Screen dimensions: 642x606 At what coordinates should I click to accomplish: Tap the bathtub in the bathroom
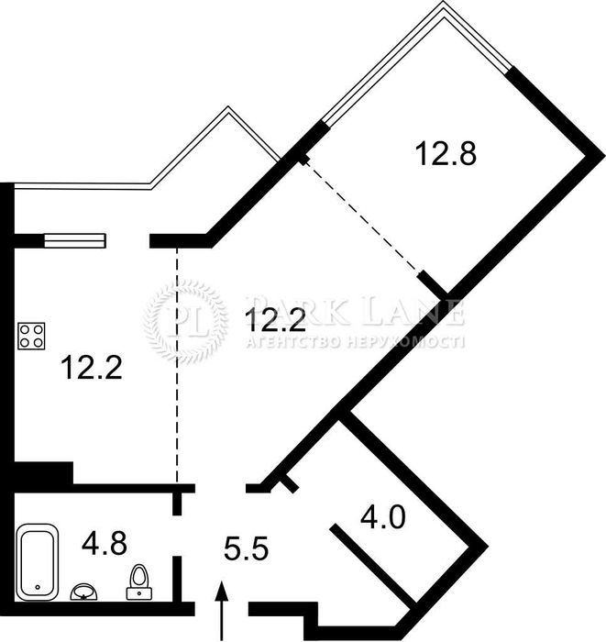pyautogui.click(x=37, y=559)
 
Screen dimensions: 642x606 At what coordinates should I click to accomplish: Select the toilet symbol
pyautogui.click(x=139, y=581)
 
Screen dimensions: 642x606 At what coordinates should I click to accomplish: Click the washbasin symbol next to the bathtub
pyautogui.click(x=85, y=592)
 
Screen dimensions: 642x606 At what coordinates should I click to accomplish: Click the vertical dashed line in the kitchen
pyautogui.click(x=177, y=367)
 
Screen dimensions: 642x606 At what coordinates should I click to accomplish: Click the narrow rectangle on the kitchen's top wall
pyautogui.click(x=75, y=241)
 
